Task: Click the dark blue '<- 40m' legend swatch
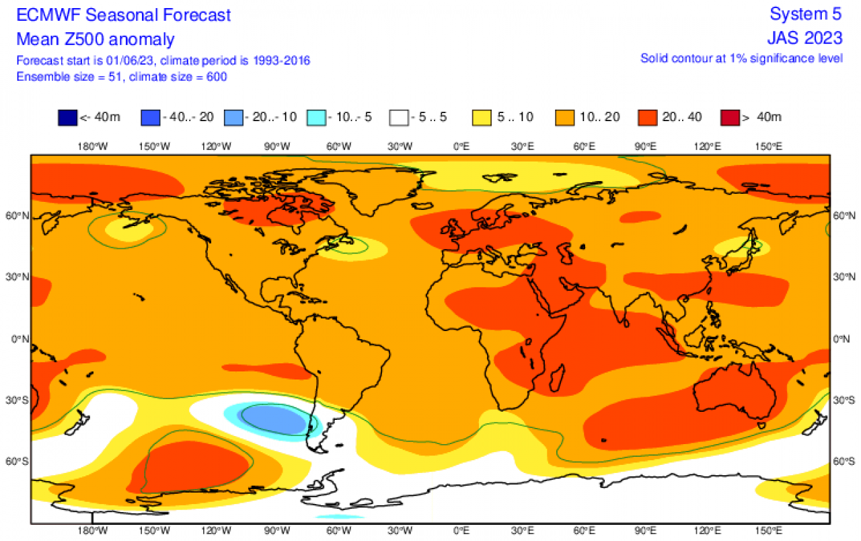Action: pyautogui.click(x=67, y=117)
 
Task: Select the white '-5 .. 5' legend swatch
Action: pyautogui.click(x=399, y=117)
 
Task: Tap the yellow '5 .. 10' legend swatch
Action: pyautogui.click(x=482, y=117)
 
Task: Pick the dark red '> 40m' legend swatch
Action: pyautogui.click(x=730, y=117)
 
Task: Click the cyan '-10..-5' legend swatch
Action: pyautogui.click(x=316, y=117)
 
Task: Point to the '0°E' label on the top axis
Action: pyautogui.click(x=461, y=146)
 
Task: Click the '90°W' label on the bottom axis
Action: pyautogui.click(x=276, y=532)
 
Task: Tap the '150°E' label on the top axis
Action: pyautogui.click(x=768, y=146)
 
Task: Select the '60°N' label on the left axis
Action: pyautogui.click(x=17, y=216)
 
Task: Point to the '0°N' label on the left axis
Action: pyautogui.click(x=18, y=339)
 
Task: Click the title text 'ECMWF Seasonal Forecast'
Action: pyautogui.click(x=124, y=15)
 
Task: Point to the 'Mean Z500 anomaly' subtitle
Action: pyautogui.click(x=95, y=39)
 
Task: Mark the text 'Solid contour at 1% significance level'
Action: pyautogui.click(x=741, y=59)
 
